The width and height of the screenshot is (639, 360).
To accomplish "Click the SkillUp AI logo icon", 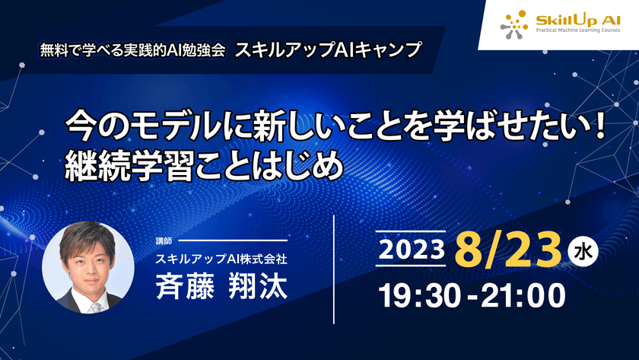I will (514, 24).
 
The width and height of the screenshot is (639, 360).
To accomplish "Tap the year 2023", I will (410, 248).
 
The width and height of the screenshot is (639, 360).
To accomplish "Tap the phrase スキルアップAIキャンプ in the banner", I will (328, 49).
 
